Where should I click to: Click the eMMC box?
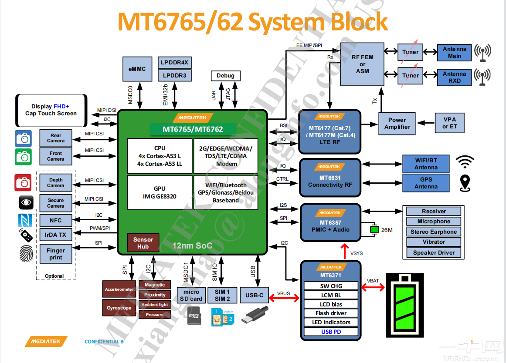[137, 69]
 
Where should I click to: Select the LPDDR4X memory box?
[174, 63]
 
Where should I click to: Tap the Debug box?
[225, 76]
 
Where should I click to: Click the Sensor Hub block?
[143, 243]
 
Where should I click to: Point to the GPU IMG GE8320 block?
[160, 192]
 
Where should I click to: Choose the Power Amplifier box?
[397, 124]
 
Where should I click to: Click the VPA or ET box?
[450, 123]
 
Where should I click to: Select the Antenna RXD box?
[454, 77]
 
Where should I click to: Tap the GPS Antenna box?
[426, 183]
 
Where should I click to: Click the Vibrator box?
[434, 242]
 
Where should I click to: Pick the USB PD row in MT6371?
[331, 332]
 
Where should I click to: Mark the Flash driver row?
[331, 313]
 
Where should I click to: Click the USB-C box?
[255, 295]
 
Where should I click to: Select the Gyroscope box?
[119, 308]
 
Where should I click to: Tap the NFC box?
[55, 221]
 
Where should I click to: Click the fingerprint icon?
[26, 253]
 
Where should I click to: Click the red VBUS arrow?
[284, 298]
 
